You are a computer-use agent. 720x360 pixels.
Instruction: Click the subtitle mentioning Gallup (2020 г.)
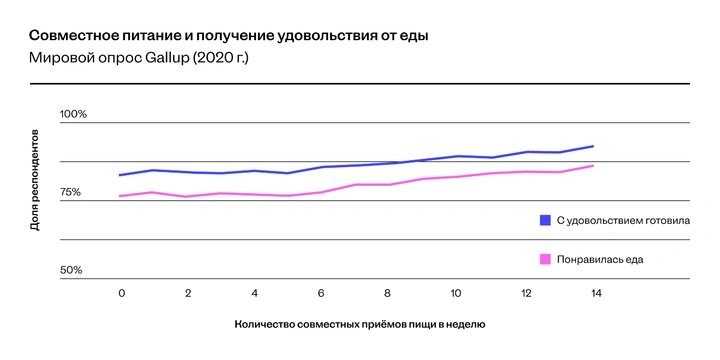tap(139, 59)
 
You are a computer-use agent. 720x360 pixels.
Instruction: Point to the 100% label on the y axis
tap(73, 114)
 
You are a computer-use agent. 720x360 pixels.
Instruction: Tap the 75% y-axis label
tap(71, 192)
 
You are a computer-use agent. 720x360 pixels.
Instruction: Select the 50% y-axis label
tap(71, 270)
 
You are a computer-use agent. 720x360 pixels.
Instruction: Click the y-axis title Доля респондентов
tap(34, 180)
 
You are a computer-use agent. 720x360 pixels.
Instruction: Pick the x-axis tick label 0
tap(121, 293)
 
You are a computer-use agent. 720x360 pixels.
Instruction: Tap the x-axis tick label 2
tap(188, 293)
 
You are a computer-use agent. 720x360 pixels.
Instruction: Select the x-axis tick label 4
tap(255, 293)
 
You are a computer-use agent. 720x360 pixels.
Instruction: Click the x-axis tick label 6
tap(321, 293)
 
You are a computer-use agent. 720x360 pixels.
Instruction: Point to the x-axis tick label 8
tap(388, 293)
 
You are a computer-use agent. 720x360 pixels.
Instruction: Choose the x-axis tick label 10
tap(455, 293)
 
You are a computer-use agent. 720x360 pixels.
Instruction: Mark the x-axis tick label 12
tap(527, 293)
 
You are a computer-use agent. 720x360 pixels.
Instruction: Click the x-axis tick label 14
tap(594, 293)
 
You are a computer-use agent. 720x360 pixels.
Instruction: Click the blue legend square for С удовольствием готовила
tap(545, 220)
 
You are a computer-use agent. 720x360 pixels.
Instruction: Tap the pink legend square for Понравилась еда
tap(545, 259)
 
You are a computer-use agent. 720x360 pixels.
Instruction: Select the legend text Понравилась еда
tap(600, 259)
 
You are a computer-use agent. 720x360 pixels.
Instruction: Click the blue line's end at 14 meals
tap(594, 146)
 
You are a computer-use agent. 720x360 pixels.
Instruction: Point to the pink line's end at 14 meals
tap(594, 165)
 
